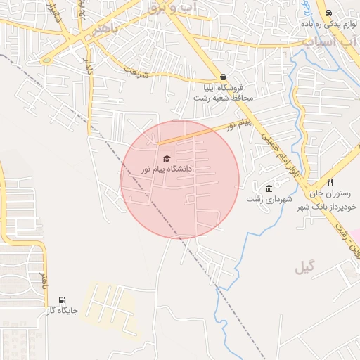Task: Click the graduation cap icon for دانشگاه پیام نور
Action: click(x=167, y=158)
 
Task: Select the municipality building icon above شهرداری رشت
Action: click(x=269, y=188)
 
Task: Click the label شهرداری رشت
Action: click(x=269, y=199)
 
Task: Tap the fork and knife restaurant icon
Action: click(x=330, y=182)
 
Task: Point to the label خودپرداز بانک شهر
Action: click(x=330, y=207)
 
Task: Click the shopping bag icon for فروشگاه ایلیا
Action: click(x=224, y=77)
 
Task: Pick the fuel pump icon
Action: click(x=63, y=300)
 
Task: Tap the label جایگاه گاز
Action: click(x=63, y=310)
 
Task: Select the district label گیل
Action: click(x=306, y=266)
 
